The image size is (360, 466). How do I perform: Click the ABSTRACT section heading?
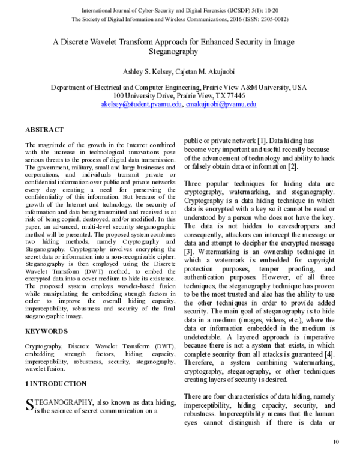(44, 129)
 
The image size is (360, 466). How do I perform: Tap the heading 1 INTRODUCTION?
(58, 383)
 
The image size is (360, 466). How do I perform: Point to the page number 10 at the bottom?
(335, 443)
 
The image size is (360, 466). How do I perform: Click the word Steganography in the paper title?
(180, 52)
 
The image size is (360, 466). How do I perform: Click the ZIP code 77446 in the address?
(233, 95)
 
